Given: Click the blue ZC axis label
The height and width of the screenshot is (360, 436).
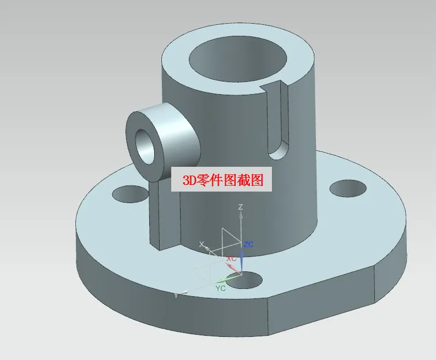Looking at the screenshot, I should click(x=248, y=244).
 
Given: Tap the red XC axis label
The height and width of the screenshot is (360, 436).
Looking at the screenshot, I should click(x=232, y=258).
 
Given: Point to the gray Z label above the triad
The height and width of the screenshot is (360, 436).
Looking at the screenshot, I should click(x=241, y=207).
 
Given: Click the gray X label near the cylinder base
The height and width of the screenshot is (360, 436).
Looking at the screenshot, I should click(x=201, y=244).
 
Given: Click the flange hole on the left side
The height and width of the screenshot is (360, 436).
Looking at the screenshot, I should click(x=128, y=193).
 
